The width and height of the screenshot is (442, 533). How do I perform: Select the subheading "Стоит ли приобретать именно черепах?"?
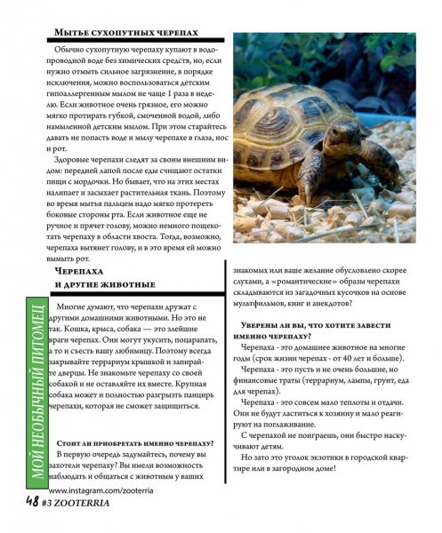pyautogui.click(x=134, y=442)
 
